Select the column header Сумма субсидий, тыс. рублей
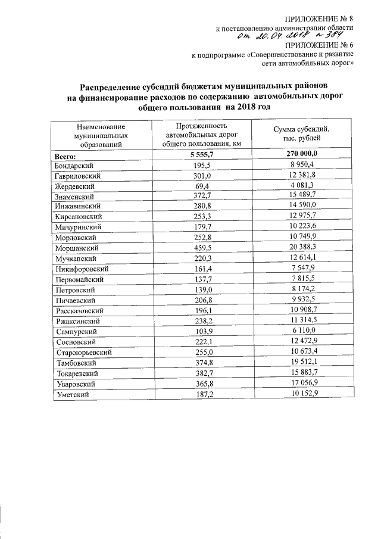pyautogui.click(x=301, y=133)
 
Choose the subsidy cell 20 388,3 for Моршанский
pyautogui.click(x=301, y=247)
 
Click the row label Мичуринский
pyautogui.click(x=78, y=227)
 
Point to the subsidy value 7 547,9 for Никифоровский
pyautogui.click(x=301, y=269)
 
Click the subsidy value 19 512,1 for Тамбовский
pyautogui.click(x=301, y=362)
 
